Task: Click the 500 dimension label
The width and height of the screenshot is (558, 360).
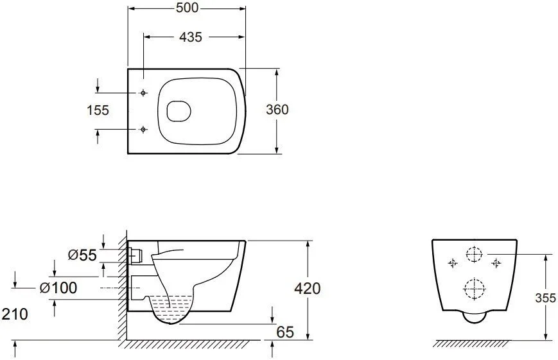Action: pyautogui.click(x=187, y=8)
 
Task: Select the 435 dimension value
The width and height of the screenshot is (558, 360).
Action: pyautogui.click(x=191, y=37)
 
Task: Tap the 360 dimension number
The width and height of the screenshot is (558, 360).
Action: pyautogui.click(x=277, y=110)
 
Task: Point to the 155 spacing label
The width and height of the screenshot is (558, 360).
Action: pyautogui.click(x=98, y=110)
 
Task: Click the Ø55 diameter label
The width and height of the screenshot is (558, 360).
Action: pyautogui.click(x=82, y=255)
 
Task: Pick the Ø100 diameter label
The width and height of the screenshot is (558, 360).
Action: pyautogui.click(x=58, y=287)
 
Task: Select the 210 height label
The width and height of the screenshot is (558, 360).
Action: pyautogui.click(x=15, y=314)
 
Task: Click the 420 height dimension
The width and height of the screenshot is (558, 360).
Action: pyautogui.click(x=308, y=289)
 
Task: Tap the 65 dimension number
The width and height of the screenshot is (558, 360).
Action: pyautogui.click(x=285, y=332)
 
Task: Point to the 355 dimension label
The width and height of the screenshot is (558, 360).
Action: pyautogui.click(x=546, y=298)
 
